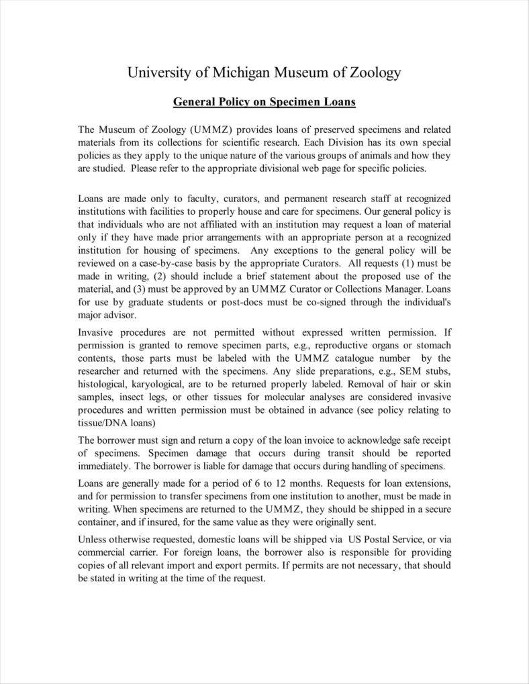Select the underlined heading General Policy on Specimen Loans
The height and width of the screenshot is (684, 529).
[x=264, y=102]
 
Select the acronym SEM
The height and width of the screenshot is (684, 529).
[x=407, y=371]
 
